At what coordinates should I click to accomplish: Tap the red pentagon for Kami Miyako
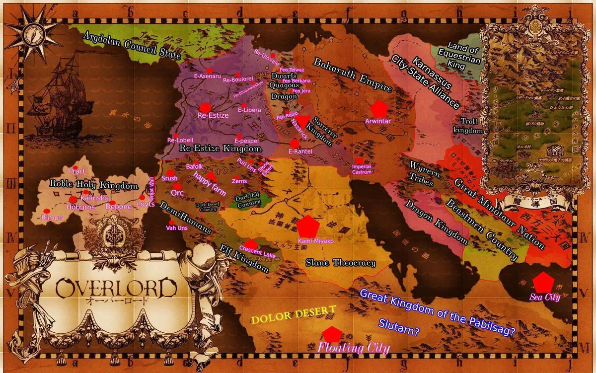tap(308, 226)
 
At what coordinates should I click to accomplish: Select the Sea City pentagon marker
tap(543, 282)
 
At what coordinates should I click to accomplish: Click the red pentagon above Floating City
tap(329, 334)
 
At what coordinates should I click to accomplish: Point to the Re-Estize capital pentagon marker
tap(205, 107)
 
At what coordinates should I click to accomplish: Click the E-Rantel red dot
tap(295, 143)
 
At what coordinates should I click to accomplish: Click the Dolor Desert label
tap(293, 315)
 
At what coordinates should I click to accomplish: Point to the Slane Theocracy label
tap(340, 263)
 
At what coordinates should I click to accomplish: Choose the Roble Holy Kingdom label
tap(93, 185)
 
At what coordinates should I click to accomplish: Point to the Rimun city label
tap(52, 218)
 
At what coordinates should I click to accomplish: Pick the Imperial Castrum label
tap(361, 169)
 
